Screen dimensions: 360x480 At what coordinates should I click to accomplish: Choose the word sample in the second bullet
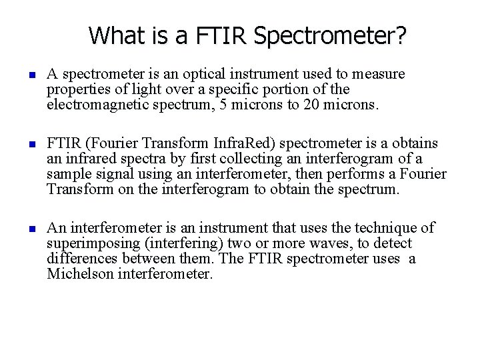67,174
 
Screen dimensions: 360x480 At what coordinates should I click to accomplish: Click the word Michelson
78,273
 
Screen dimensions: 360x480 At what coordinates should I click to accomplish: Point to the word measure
381,73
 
